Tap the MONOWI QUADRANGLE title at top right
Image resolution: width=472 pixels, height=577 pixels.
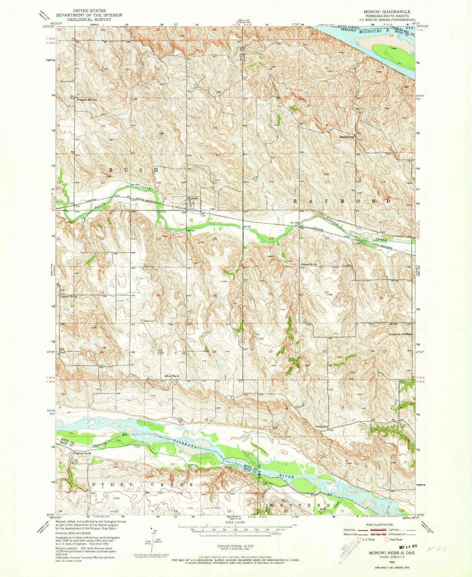(387, 11)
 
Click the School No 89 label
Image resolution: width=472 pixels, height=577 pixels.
(309, 264)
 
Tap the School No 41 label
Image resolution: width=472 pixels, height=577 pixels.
(172, 376)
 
